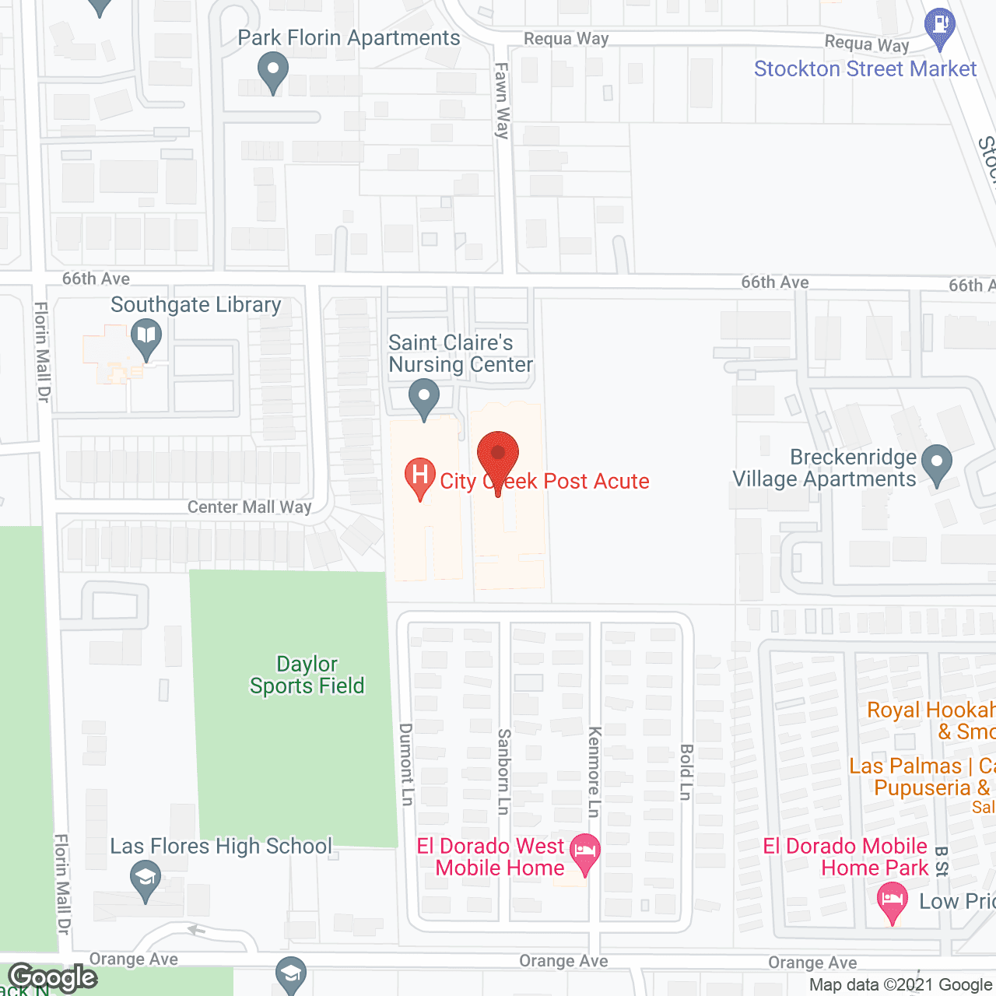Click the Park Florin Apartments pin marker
(272, 72)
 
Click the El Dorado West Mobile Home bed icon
(585, 852)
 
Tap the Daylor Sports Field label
(307, 675)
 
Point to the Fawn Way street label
(503, 100)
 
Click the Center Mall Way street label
(249, 507)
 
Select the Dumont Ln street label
(406, 764)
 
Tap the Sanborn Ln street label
(504, 771)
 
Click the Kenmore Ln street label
(594, 771)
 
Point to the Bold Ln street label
(686, 771)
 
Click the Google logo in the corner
(53, 977)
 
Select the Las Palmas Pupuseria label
(922, 777)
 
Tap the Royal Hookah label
(931, 720)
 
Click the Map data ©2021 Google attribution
(901, 985)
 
